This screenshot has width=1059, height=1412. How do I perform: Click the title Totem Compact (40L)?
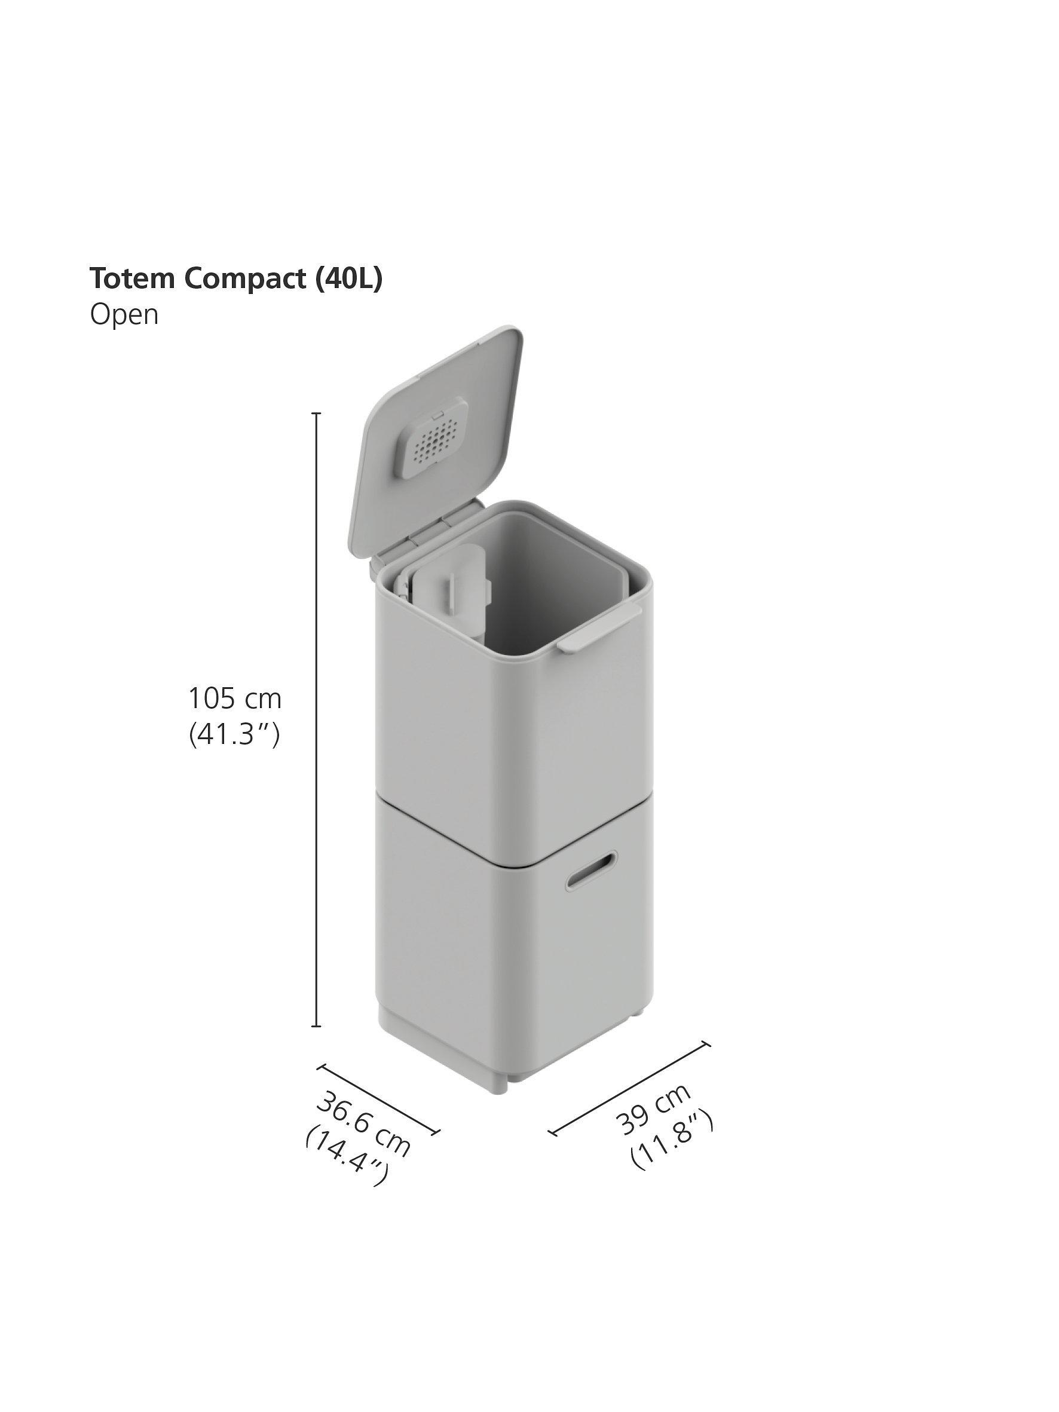pyautogui.click(x=235, y=279)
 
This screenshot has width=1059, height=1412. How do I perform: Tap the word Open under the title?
pyautogui.click(x=124, y=315)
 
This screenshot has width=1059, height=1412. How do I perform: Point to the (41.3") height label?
pyautogui.click(x=234, y=735)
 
